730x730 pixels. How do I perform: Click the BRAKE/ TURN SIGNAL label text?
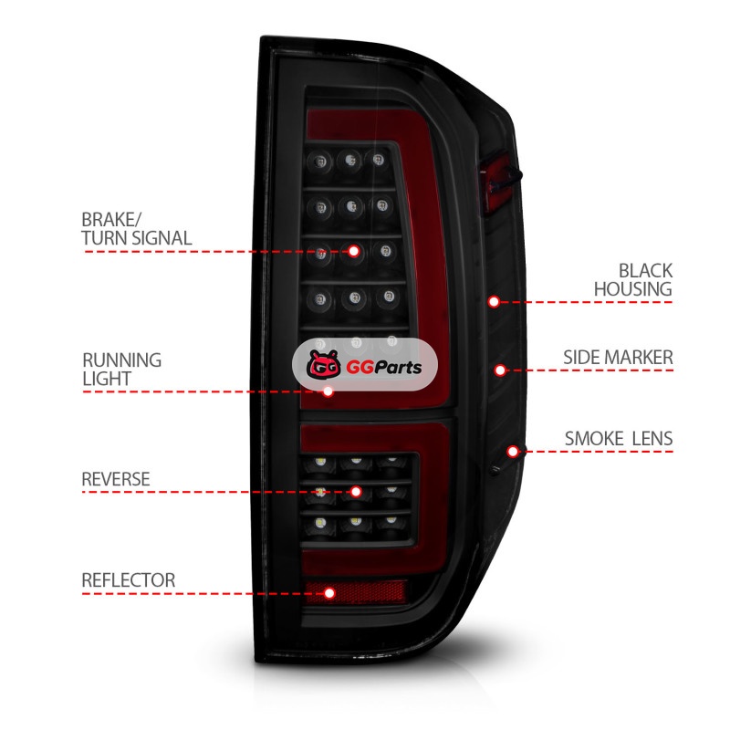pyautogui.click(x=136, y=228)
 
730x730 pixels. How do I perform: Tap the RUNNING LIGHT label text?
pyautogui.click(x=121, y=369)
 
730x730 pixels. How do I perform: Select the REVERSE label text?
pyautogui.click(x=115, y=479)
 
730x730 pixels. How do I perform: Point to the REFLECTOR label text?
pyautogui.click(x=128, y=580)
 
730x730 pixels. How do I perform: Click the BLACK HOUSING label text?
pyautogui.click(x=633, y=279)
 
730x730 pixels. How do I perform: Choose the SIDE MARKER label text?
pyautogui.click(x=618, y=357)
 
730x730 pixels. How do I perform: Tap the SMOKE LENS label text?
pyautogui.click(x=618, y=439)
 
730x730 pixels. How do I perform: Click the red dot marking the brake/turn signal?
pyautogui.click(x=354, y=250)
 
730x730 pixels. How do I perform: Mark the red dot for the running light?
pyautogui.click(x=328, y=391)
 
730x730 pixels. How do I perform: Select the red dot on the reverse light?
pyautogui.click(x=320, y=493)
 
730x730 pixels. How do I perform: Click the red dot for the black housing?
pyautogui.click(x=494, y=301)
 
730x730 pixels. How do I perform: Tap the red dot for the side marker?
pyautogui.click(x=500, y=370)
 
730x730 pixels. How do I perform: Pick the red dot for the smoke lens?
pyautogui.click(x=514, y=451)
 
